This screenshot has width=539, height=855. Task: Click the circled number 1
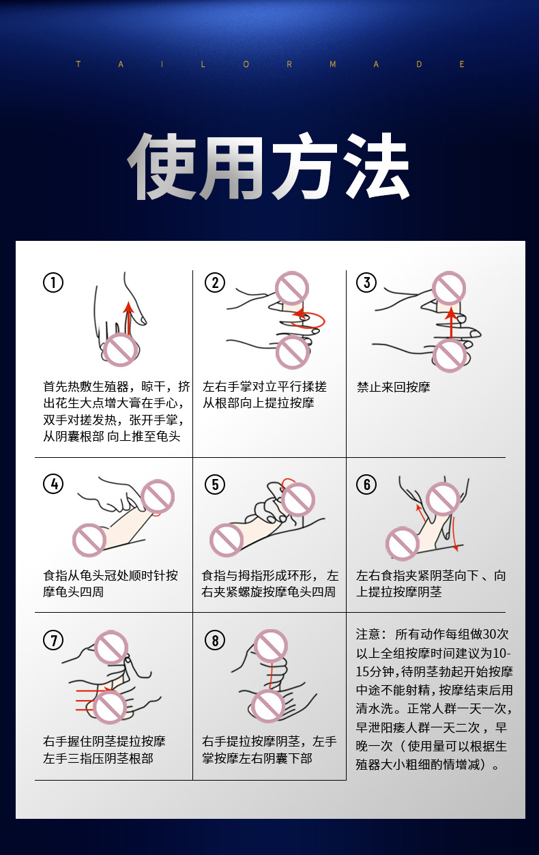pos(53,282)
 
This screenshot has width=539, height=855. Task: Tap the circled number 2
pos(215,282)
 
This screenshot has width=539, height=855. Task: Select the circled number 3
pos(366,282)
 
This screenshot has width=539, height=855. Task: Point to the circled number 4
pos(53,484)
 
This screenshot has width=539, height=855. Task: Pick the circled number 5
pos(215,484)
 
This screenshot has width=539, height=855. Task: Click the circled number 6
pos(366,484)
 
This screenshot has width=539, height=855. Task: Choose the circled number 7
pos(53,640)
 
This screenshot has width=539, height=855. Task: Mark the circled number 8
pos(215,640)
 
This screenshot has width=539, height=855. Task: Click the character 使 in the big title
pos(162,166)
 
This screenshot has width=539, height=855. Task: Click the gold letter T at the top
pos(78,64)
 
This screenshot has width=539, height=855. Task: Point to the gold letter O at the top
pos(246,64)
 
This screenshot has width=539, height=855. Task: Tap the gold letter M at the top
pos(333,64)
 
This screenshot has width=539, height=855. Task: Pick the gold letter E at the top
pos(462,64)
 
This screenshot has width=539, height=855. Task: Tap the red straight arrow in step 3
pos(451,323)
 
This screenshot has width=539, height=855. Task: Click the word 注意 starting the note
pos(368,634)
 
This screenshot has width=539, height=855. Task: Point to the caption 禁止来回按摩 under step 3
pos(394,387)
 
